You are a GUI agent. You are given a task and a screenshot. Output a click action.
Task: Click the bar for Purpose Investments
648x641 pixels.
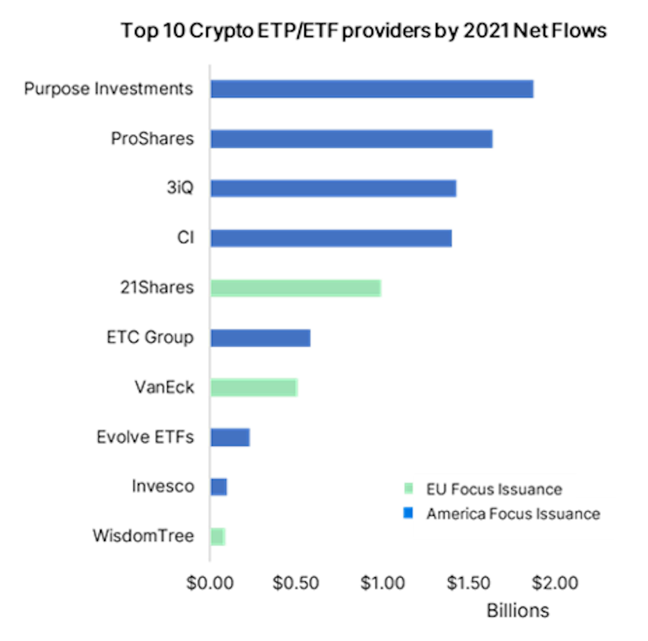click(372, 89)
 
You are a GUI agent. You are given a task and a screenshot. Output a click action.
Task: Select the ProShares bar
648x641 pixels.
click(352, 139)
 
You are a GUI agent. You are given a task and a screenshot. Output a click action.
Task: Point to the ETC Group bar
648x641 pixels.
click(260, 338)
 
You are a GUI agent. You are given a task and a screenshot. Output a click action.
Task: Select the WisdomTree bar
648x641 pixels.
click(218, 536)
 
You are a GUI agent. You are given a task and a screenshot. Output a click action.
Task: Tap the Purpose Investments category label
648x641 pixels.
click(108, 89)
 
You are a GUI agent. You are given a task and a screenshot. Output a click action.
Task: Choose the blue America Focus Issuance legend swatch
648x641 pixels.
click(408, 513)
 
